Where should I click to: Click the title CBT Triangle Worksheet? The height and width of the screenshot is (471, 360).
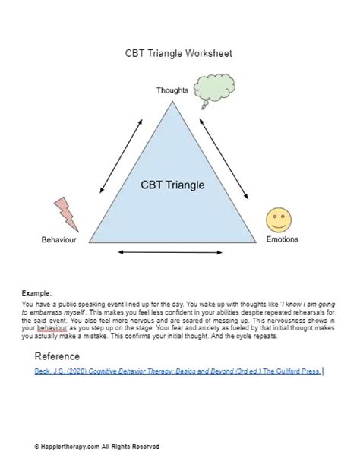coord(178,53)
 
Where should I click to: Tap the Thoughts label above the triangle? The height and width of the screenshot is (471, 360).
coord(172,90)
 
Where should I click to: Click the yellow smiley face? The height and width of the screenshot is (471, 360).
coord(279,220)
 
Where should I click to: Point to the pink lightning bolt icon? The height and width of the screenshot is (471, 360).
coord(65,214)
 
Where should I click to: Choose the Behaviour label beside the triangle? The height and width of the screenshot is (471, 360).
coord(60,240)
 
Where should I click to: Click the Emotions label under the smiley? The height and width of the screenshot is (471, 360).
coord(282,239)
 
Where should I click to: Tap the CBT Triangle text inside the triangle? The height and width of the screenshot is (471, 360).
coord(172,185)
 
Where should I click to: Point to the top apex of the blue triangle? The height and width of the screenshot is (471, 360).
coord(172,102)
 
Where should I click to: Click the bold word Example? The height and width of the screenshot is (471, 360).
coord(37,292)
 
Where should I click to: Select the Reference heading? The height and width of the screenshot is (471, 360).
coord(57,356)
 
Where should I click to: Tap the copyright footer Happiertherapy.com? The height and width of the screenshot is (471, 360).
coord(96,447)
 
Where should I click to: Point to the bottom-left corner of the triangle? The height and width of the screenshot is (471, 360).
coord(90,242)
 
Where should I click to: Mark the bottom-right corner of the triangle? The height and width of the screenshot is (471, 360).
coord(255,242)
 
